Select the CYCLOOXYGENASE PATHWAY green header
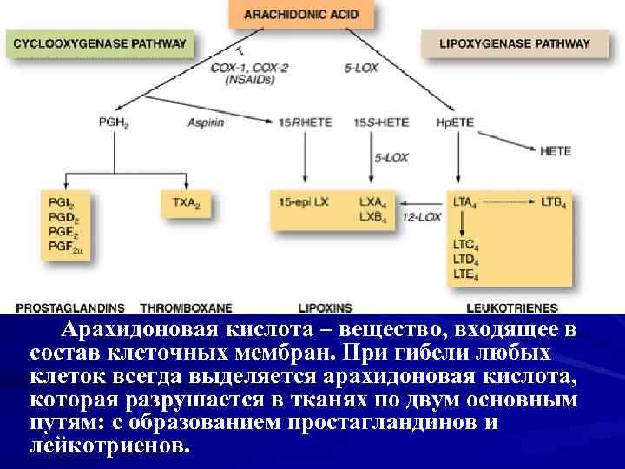(x=100, y=43)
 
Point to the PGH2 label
(x=114, y=122)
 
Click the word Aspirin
(x=206, y=122)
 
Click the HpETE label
(x=455, y=122)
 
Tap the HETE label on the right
(x=556, y=151)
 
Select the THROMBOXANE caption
(x=186, y=307)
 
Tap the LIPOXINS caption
(x=325, y=307)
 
